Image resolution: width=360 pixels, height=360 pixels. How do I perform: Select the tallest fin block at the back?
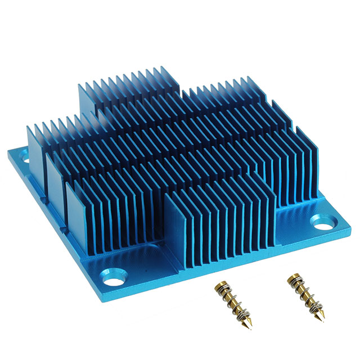(128, 93)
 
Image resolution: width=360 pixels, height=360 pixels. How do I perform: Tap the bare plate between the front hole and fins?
(141, 264)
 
